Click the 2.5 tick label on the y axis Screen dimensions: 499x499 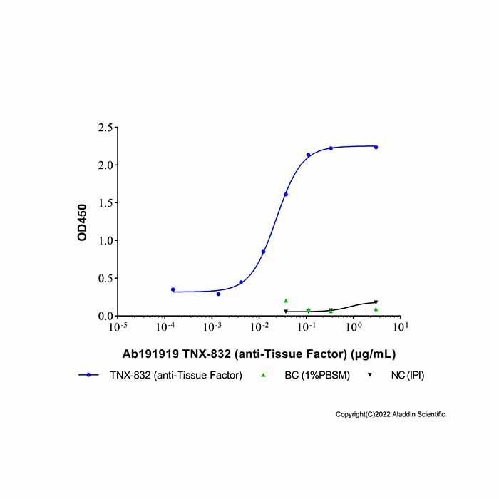click(x=106, y=128)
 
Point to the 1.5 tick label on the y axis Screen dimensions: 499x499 click(x=106, y=202)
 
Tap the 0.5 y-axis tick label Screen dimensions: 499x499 click(x=106, y=278)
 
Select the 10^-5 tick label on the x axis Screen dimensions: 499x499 click(x=118, y=326)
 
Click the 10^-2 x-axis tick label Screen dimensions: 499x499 click(x=259, y=326)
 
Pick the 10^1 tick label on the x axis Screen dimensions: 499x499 click(x=401, y=326)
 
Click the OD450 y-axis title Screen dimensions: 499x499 click(x=82, y=222)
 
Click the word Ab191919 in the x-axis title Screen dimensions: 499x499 click(x=150, y=354)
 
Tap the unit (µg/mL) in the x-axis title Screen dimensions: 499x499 click(x=373, y=354)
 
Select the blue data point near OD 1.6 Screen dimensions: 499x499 click(x=286, y=195)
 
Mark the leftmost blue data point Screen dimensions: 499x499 click(x=173, y=289)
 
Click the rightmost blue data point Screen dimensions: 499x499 click(x=376, y=148)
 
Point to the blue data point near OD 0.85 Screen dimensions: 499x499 click(x=264, y=252)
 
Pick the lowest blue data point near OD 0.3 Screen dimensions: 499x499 click(x=218, y=294)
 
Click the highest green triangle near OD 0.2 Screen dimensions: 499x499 click(x=286, y=301)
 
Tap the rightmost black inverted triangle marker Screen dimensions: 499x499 click(x=376, y=302)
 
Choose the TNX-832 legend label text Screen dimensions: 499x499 click(x=176, y=376)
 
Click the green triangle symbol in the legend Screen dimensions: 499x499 click(x=263, y=375)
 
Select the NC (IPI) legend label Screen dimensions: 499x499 click(x=408, y=376)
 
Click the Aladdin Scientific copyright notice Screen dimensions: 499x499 click(x=391, y=414)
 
